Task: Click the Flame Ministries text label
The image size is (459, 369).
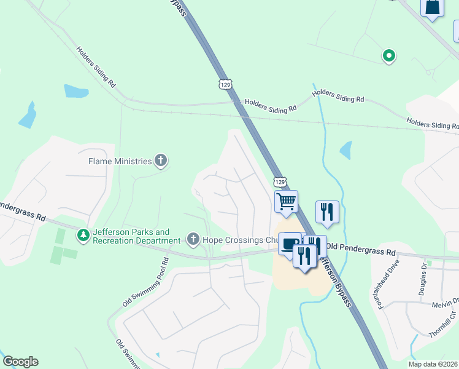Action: click(x=120, y=161)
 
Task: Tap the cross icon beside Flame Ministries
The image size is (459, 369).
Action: click(x=161, y=161)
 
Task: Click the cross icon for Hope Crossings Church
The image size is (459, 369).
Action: click(x=193, y=239)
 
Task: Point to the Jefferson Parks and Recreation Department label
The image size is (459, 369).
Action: click(x=131, y=236)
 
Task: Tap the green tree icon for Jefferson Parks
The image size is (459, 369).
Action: click(x=82, y=236)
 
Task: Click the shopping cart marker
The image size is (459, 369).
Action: click(x=286, y=202)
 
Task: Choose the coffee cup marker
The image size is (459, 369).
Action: click(x=288, y=244)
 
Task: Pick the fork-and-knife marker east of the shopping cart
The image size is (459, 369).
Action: click(x=327, y=212)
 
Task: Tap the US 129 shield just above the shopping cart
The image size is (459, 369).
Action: click(x=280, y=182)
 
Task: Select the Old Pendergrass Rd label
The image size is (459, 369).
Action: click(x=361, y=251)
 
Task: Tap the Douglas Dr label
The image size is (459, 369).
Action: click(x=423, y=280)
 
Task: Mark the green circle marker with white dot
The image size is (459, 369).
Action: click(x=388, y=56)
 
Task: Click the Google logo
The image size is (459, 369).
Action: click(x=20, y=361)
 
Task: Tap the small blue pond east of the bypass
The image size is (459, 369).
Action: click(x=345, y=149)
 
